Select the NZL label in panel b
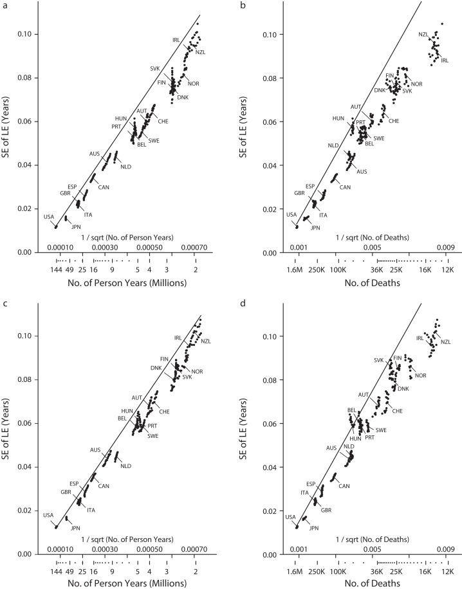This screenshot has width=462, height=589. pos(424,35)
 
